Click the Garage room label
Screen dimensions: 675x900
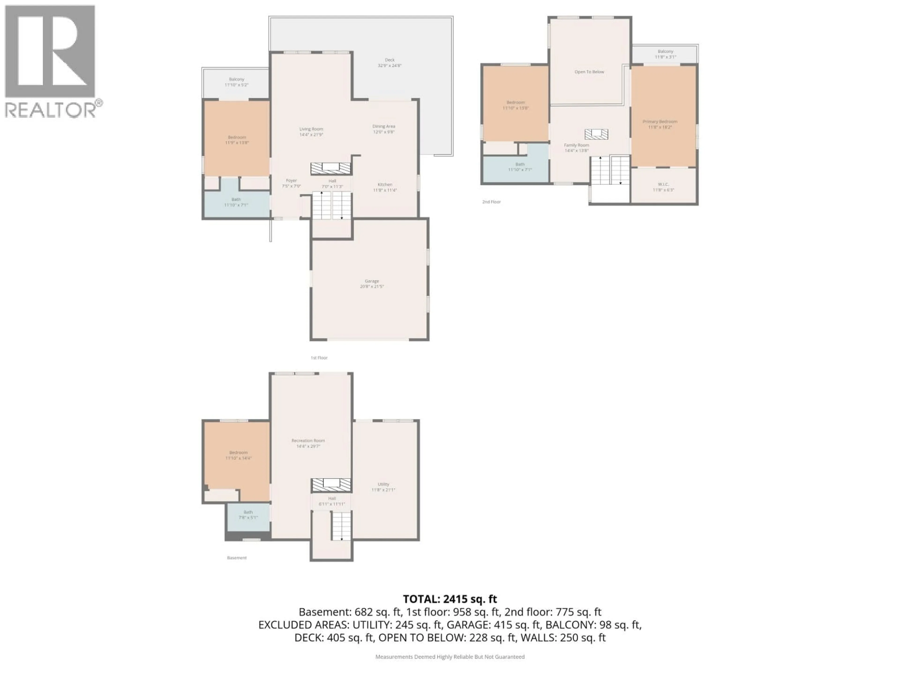coord(371,284)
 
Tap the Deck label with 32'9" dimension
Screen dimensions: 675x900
coord(389,63)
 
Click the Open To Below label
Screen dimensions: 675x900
coord(589,72)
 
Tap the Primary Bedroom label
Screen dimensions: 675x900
coord(660,124)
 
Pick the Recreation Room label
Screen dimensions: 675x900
coord(308,443)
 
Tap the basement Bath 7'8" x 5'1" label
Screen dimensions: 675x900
coord(248,515)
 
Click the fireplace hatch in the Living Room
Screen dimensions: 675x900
coord(331,168)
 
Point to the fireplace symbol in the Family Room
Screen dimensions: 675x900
coord(596,134)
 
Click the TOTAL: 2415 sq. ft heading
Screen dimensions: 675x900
coord(450,599)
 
